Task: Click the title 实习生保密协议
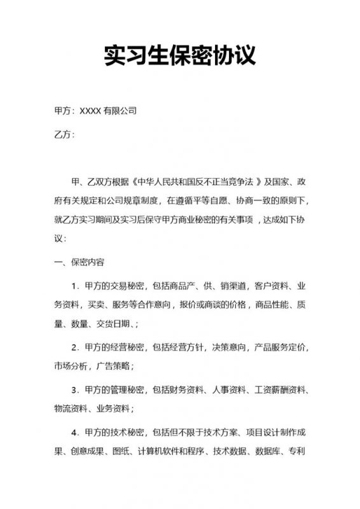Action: tap(180, 55)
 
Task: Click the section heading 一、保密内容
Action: tap(80, 262)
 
